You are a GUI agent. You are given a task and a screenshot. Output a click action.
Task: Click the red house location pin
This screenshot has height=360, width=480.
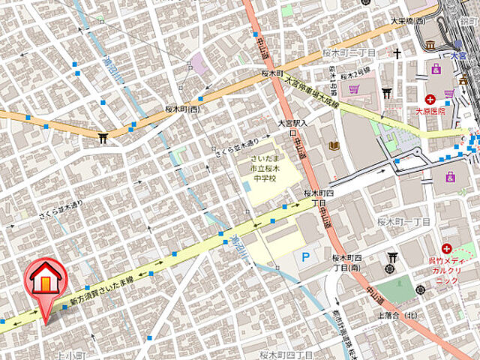45,282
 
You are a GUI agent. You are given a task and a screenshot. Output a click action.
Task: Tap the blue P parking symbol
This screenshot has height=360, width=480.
304,256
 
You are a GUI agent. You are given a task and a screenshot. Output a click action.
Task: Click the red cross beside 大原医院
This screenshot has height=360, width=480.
430,99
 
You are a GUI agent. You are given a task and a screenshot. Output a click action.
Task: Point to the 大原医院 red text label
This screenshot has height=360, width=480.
430,111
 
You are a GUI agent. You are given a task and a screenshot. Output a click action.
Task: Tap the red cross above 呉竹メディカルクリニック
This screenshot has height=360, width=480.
447,248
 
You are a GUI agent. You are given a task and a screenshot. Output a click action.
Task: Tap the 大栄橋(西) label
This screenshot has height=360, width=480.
408,21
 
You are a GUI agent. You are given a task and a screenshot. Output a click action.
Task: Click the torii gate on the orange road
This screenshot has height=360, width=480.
102,137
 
